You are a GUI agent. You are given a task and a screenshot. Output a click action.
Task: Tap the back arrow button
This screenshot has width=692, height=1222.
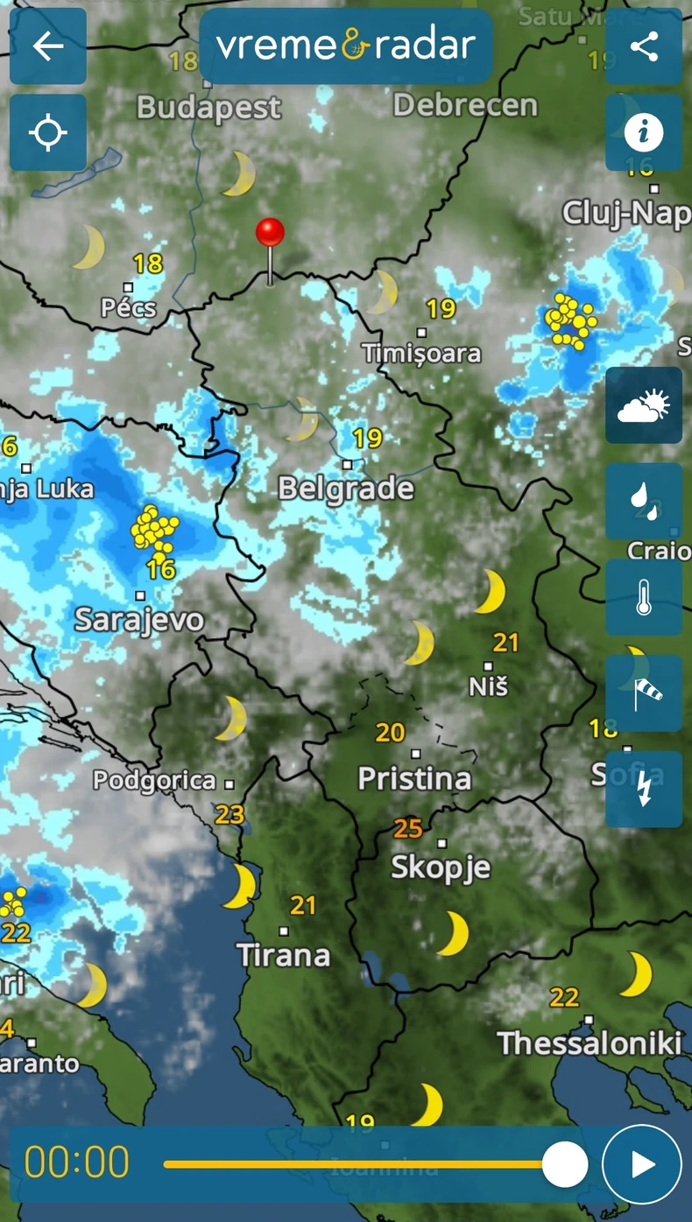(x=48, y=46)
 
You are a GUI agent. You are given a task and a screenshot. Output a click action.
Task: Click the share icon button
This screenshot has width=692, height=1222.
(x=644, y=46)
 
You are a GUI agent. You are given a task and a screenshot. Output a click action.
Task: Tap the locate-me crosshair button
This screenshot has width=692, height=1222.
(x=48, y=133)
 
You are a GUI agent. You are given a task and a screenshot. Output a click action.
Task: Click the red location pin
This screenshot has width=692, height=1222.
(x=270, y=234)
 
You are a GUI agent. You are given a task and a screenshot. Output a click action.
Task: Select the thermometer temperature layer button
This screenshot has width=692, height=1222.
(x=644, y=597)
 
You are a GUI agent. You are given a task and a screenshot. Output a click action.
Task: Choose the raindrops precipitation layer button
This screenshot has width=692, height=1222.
(x=644, y=501)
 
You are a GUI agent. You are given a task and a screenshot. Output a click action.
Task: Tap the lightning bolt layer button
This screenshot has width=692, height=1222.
(x=644, y=789)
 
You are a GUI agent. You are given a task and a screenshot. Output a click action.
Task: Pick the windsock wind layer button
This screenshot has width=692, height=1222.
(x=644, y=693)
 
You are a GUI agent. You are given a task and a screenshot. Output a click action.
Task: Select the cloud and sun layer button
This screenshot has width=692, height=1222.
(x=644, y=405)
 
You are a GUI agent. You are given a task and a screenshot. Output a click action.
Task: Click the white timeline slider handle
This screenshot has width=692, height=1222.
(x=565, y=1164)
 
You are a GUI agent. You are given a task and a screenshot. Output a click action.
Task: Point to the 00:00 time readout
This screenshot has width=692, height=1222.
(x=77, y=1162)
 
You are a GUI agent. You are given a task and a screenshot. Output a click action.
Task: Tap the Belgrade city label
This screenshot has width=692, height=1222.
(x=346, y=488)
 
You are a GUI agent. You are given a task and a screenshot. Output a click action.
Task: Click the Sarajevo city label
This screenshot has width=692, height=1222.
(x=139, y=620)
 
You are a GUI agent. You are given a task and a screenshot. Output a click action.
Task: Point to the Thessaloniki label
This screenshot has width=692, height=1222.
(x=590, y=1043)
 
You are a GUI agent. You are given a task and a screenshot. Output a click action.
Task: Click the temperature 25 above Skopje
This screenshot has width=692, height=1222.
(x=408, y=827)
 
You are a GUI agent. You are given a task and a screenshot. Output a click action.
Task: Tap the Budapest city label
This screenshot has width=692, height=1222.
(x=209, y=109)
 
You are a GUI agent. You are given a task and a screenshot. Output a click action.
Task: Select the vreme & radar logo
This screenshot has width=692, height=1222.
(x=346, y=46)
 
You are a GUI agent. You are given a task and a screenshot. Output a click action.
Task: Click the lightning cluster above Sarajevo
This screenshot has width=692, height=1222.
(x=155, y=530)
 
